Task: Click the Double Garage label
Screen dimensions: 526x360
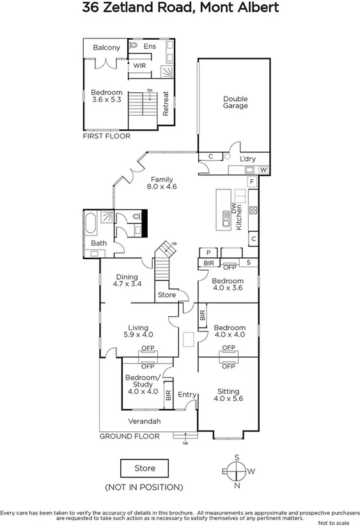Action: [x=235, y=102]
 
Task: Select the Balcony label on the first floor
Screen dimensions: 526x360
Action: [x=106, y=47]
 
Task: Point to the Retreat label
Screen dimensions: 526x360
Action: [x=166, y=103]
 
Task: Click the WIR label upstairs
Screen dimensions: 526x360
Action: [x=139, y=65]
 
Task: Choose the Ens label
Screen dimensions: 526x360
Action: [x=150, y=46]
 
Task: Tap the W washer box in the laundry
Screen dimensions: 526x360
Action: [x=263, y=169]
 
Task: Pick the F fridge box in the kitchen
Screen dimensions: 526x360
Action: [x=253, y=182]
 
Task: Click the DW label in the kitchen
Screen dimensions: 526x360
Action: [x=234, y=208]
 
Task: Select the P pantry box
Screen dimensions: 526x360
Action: [x=208, y=252]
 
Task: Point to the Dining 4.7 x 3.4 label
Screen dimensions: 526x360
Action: [x=128, y=280]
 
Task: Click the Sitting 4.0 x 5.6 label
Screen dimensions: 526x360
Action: [x=228, y=394]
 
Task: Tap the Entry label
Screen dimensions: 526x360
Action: [x=187, y=394]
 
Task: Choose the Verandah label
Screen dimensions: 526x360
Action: [x=144, y=421]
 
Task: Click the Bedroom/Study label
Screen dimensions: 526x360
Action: [x=142, y=381]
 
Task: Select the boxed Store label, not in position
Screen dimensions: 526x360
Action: [x=145, y=468]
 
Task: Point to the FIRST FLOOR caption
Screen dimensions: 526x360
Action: [x=107, y=136]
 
